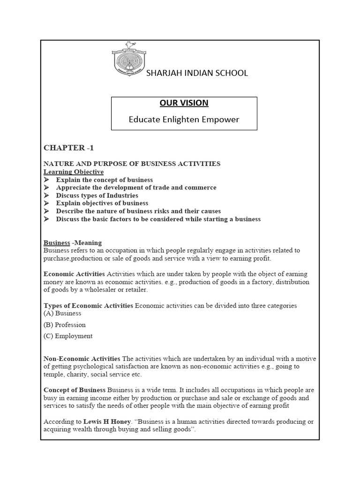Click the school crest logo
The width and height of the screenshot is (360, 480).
tap(126, 60)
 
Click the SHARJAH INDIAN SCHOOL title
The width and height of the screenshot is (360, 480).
tap(197, 73)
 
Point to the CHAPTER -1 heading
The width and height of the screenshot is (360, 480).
tap(69, 148)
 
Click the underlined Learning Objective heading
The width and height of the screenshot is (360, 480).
tap(74, 172)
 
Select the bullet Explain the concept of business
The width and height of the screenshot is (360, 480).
tap(104, 180)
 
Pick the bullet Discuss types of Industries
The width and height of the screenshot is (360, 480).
tap(97, 195)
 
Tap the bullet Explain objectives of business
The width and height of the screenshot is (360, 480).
tap(102, 203)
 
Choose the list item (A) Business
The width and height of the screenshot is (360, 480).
tap(62, 313)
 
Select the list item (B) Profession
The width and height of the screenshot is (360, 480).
tap(65, 324)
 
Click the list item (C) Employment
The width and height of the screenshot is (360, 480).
tap(68, 336)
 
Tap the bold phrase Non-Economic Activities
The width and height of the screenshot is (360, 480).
tap(82, 359)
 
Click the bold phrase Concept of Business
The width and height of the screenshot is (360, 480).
tap(75, 390)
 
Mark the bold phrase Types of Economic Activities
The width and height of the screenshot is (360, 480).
tap(88, 306)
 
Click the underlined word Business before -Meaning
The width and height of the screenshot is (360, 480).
tap(57, 243)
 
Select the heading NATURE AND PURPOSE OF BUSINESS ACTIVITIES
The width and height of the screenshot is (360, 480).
tap(132, 164)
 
